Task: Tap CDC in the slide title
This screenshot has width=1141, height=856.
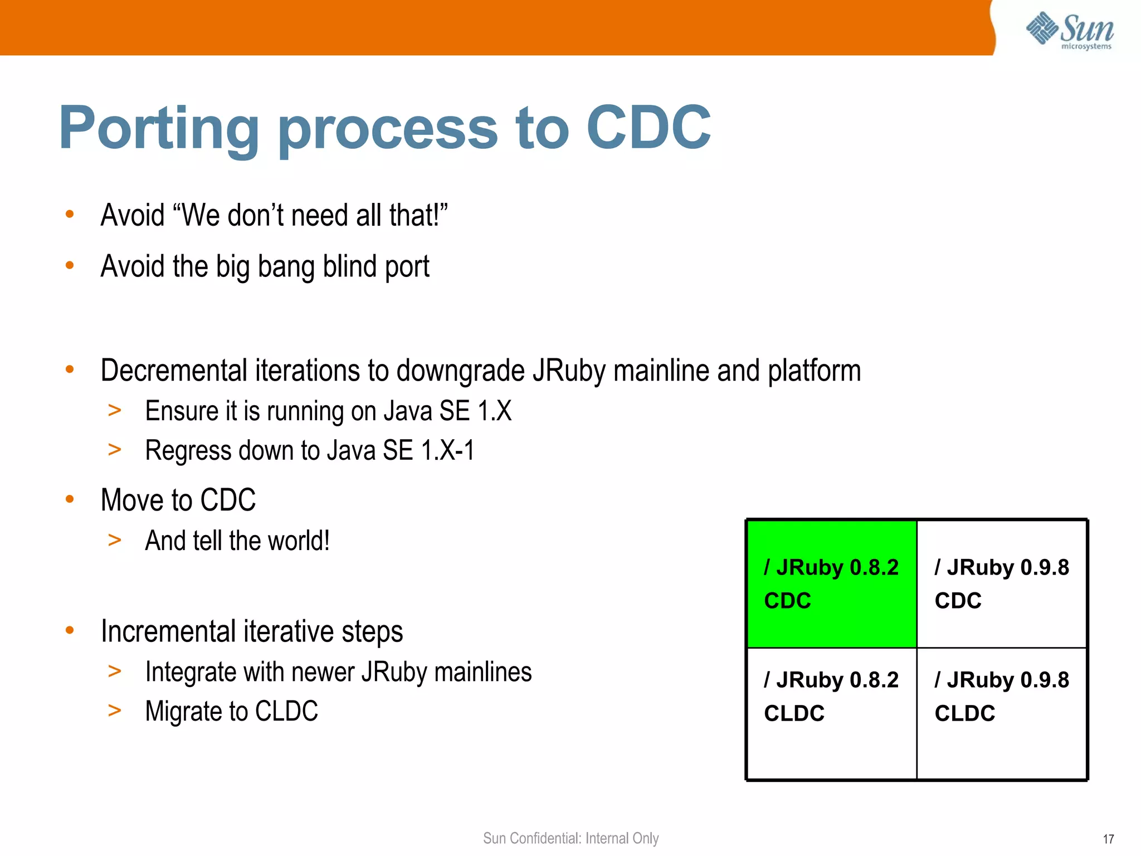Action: coord(648,128)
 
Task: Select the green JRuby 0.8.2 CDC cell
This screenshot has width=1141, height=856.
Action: coord(831,583)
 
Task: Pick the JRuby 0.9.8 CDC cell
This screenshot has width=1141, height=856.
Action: coord(1002,583)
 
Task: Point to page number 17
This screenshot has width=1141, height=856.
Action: coord(1108,839)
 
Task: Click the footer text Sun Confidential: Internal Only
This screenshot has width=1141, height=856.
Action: coord(570,838)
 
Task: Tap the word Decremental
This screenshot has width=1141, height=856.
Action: coord(174,371)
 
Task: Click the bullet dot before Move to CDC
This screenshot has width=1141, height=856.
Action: coord(70,499)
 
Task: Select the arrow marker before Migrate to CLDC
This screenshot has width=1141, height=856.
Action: coord(115,711)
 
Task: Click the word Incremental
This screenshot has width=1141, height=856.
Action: coord(168,631)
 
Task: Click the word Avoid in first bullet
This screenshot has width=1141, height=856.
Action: coord(133,215)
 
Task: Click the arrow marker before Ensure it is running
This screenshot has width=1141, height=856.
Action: coord(115,411)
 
